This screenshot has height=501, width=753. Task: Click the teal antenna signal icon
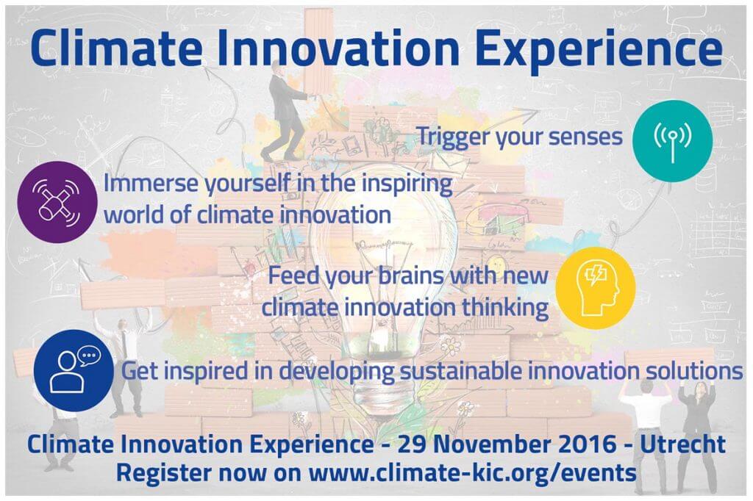672,140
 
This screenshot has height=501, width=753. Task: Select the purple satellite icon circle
57,202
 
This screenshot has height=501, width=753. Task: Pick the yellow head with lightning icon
596,288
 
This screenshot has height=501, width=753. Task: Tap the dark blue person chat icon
74,370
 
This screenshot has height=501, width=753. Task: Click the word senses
585,137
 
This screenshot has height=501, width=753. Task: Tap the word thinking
505,308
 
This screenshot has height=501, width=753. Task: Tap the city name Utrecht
682,444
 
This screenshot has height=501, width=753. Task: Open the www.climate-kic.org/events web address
473,472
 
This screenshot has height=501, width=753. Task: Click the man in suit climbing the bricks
285,113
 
